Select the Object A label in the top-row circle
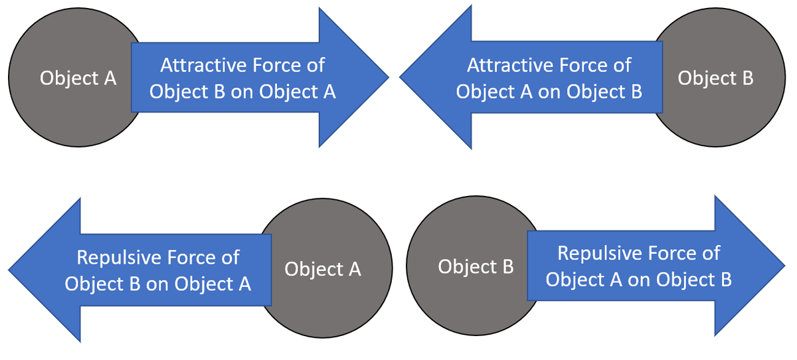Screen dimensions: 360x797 coord(78,78)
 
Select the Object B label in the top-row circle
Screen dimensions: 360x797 coord(715,78)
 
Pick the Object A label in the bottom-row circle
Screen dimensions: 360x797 coord(323,269)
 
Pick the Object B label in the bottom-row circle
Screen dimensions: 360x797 coord(476,267)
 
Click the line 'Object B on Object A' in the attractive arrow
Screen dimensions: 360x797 coord(242,92)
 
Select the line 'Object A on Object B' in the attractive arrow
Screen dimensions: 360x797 coord(549,92)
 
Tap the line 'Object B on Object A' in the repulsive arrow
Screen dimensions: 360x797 coord(158,284)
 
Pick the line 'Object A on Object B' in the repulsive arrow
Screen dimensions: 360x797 coord(639,280)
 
